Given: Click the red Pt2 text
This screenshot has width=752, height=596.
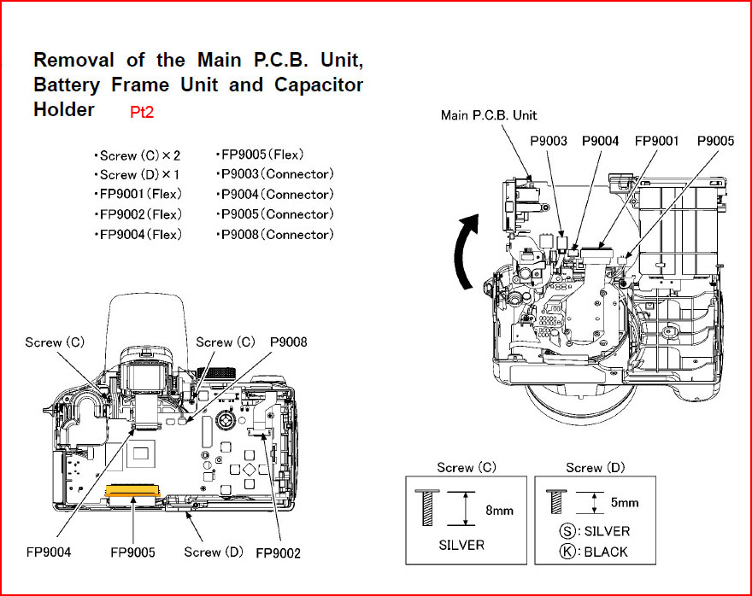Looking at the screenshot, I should point(141,112).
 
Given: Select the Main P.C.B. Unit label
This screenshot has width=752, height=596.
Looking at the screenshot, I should point(489,114).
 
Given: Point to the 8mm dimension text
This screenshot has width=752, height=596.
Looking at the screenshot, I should point(498,510).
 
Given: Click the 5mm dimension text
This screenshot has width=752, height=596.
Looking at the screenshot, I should point(624,503).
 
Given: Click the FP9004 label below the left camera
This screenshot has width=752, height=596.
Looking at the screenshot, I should point(48,552).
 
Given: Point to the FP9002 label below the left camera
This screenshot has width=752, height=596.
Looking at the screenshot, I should point(278,553).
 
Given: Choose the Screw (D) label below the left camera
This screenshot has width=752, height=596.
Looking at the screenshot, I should point(214,552).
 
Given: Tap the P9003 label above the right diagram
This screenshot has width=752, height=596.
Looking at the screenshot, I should point(549,141).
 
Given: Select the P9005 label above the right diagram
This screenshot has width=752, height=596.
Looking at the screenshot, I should point(715,141).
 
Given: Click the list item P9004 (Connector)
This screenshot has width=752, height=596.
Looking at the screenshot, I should point(277,195).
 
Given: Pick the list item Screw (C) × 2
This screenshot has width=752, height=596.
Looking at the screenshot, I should point(137,156).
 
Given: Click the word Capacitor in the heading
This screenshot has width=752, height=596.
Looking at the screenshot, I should point(319,85).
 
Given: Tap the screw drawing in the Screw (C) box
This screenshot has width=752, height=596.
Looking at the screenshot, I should point(426,507).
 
